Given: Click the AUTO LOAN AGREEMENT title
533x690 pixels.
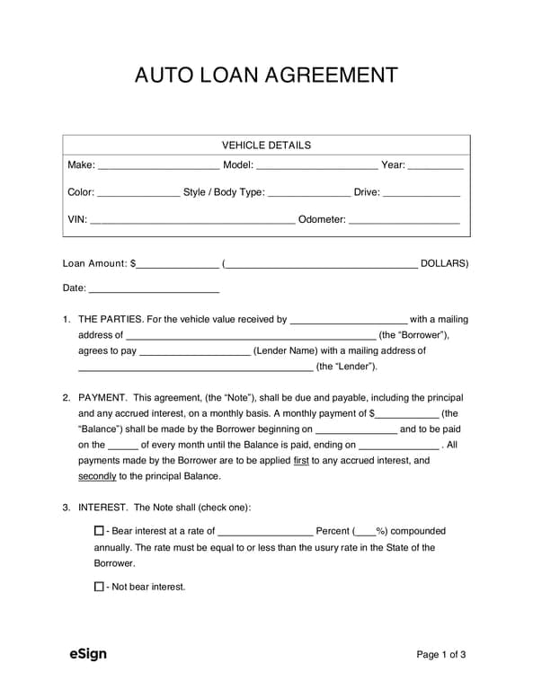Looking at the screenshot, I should (x=266, y=75).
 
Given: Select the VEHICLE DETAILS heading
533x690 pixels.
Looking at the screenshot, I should (x=266, y=145).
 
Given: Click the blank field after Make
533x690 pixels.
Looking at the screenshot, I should (x=158, y=166).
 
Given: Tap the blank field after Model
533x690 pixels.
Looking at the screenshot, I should (x=317, y=166).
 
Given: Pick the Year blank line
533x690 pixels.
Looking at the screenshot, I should (x=436, y=166).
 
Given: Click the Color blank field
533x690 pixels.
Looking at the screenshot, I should (x=138, y=193).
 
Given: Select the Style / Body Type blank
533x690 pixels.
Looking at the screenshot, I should (x=309, y=193).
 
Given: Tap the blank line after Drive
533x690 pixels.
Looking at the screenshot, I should (x=422, y=193).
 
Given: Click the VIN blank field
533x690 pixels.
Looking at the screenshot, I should (x=192, y=220).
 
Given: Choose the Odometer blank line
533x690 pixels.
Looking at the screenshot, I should (x=404, y=220).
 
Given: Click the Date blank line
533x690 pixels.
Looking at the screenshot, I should (x=154, y=289).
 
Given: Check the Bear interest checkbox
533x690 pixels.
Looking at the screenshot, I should (x=99, y=531).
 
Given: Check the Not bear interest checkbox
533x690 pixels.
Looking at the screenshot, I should (x=99, y=587).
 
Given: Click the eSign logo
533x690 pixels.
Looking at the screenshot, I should (x=88, y=653).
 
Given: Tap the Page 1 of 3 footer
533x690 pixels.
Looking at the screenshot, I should (x=441, y=654).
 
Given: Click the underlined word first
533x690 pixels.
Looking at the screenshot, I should (x=302, y=460).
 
